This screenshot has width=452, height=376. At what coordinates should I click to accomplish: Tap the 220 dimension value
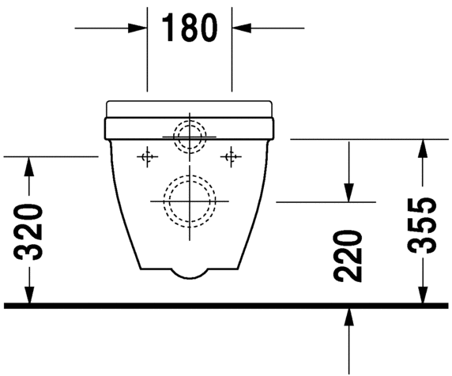coord(348,257)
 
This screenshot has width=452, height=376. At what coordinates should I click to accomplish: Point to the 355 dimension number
coord(424,226)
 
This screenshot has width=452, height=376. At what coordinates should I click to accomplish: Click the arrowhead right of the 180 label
coord(240,28)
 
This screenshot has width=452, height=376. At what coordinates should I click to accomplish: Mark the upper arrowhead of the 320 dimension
coord(29,164)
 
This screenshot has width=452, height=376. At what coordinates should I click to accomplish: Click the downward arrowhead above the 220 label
coord(348,193)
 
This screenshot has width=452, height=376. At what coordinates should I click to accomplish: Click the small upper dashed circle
coord(189,137)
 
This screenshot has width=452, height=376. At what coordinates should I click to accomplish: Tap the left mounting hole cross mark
coord(145,157)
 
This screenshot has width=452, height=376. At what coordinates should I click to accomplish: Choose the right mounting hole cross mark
coord(232,157)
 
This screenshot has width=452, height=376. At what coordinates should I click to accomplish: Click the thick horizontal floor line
coord(226,305)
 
